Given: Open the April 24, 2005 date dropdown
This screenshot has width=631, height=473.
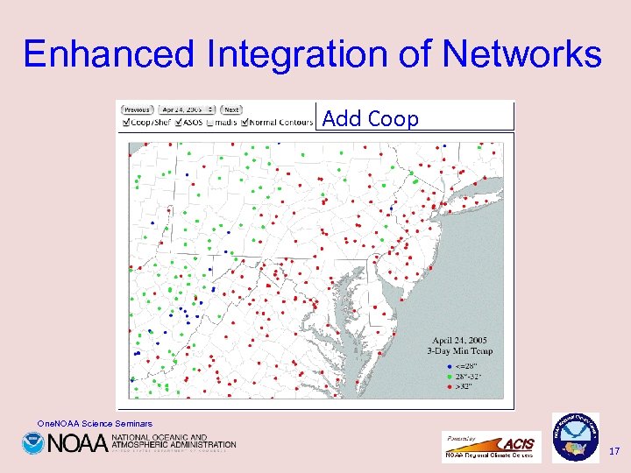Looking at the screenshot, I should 181,109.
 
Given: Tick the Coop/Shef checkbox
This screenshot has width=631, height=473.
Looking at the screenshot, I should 124,122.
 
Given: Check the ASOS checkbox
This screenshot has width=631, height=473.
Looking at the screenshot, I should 180,122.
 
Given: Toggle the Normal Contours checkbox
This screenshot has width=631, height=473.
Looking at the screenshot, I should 245,122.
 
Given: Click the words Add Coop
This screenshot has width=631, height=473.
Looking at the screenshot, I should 370,118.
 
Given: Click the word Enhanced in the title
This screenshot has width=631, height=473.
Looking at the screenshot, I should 110,54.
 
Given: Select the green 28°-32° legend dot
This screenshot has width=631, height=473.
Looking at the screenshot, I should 449,374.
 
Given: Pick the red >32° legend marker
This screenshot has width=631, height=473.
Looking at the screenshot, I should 449,384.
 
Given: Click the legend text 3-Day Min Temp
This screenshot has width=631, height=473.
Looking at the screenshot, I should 462,351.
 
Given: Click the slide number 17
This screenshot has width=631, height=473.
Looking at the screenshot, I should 613,451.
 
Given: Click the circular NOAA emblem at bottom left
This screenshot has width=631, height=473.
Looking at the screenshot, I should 33,443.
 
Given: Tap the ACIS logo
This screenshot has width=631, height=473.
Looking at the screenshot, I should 516,444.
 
